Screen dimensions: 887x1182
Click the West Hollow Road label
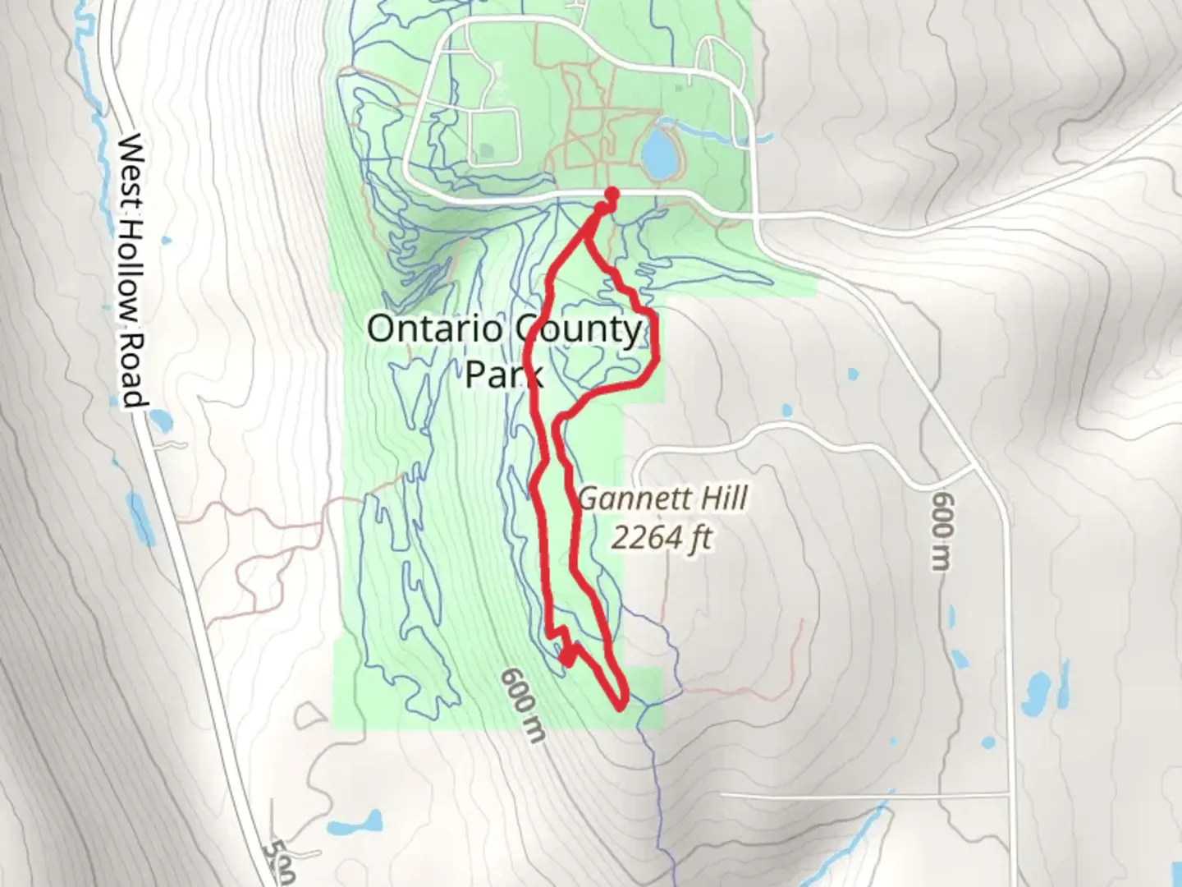(x=131, y=271)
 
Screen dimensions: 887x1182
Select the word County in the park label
(x=579, y=329)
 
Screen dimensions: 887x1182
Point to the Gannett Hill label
(x=662, y=499)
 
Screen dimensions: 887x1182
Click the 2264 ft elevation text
(x=661, y=539)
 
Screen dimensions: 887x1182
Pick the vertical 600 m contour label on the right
(x=944, y=531)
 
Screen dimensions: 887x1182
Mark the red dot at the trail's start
(x=612, y=194)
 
